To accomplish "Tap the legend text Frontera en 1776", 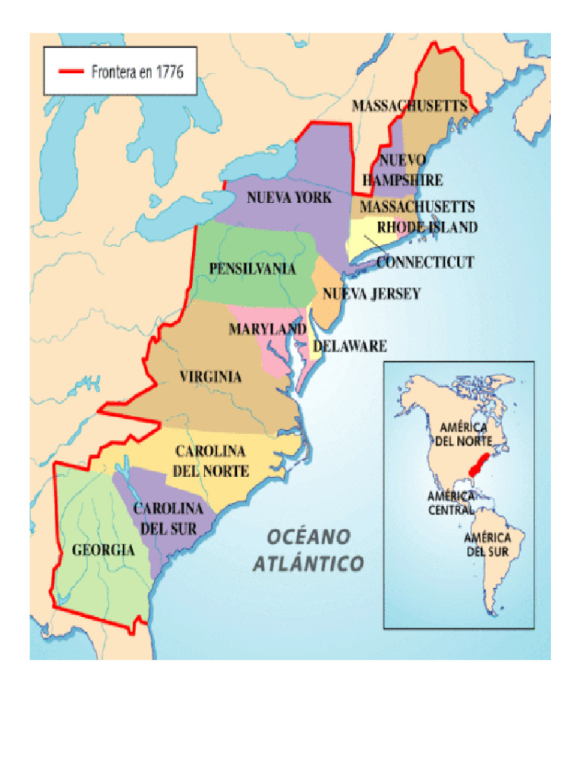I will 137,72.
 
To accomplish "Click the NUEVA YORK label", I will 289,198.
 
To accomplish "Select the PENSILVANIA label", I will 253,268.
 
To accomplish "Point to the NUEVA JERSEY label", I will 371,294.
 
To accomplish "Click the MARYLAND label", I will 267,329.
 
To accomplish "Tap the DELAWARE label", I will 350,346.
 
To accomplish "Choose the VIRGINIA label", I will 210,376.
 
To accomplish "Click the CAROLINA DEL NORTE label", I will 210,461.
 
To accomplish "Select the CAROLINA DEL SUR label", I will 169,517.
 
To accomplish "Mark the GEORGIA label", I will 103,550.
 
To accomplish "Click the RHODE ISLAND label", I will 427,227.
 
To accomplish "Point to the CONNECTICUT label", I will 425,262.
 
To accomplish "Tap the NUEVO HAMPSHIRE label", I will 402,170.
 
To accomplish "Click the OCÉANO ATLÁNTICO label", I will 308,551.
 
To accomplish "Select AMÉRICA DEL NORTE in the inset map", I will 462,434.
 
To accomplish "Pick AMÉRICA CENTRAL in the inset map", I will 450,503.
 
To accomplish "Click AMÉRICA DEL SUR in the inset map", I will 487,544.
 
